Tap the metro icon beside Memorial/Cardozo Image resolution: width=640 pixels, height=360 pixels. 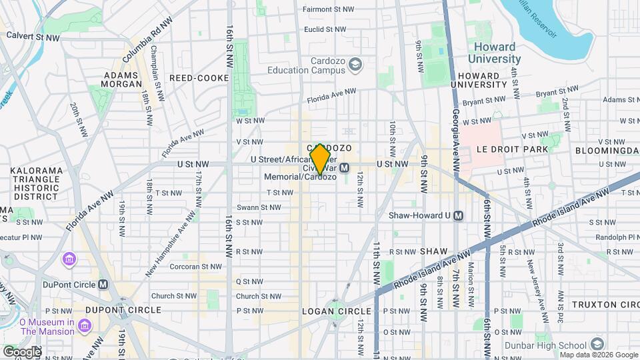[x=344, y=168]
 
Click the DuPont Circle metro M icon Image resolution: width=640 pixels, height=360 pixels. [x=103, y=284]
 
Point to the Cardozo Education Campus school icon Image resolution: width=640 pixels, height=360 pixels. [x=356, y=64]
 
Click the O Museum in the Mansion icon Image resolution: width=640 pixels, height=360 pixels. [x=85, y=325]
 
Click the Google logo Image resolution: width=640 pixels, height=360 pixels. [x=22, y=351]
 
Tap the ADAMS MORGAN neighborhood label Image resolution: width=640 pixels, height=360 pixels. [x=121, y=79]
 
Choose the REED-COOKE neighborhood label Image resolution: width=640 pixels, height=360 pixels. [x=199, y=78]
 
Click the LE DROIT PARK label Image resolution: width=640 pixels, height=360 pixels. [x=512, y=150]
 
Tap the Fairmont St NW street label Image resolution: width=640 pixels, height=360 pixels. [x=325, y=9]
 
